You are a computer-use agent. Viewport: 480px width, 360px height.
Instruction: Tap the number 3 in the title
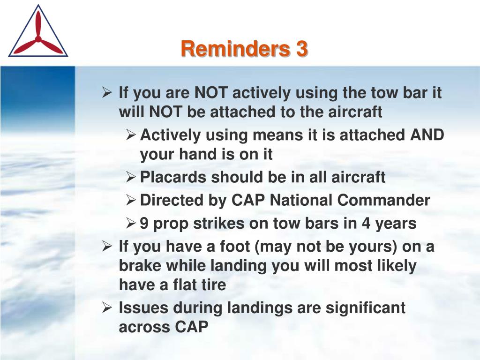coord(301,48)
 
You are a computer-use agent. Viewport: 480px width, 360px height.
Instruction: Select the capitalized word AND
coord(427,135)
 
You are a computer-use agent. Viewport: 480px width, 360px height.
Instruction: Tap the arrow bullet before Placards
coord(131,177)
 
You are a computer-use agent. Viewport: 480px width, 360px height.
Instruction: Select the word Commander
coord(384,200)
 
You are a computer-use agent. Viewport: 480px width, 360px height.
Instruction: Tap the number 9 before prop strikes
coord(144,223)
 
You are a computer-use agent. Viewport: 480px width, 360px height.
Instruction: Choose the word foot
coord(235,247)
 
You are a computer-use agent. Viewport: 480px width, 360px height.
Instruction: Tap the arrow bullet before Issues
coord(107,307)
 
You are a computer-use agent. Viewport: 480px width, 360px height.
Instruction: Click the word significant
coord(365,307)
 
